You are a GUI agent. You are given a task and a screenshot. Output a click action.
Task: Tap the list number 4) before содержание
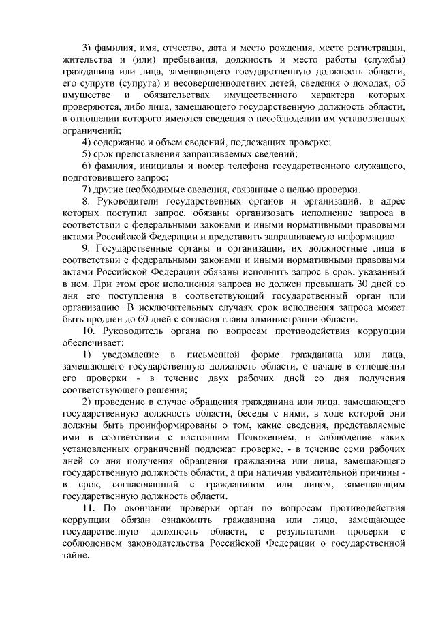(x=87, y=142)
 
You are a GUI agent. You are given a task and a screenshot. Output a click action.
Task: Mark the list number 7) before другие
(x=87, y=189)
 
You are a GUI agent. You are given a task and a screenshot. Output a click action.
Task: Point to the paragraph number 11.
(x=88, y=508)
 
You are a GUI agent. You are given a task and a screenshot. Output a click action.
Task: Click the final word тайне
(x=77, y=556)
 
